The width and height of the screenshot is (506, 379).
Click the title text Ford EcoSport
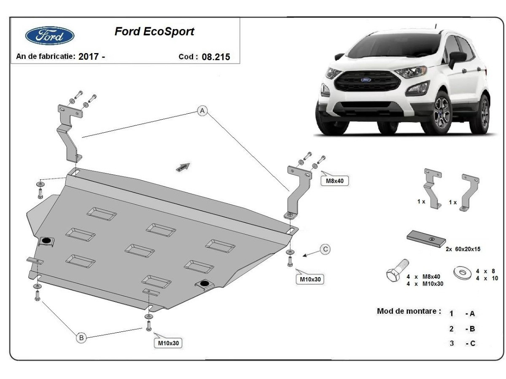[x=154, y=32]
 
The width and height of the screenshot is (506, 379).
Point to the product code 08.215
[x=216, y=57]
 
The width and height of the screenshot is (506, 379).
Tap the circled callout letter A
[x=203, y=111]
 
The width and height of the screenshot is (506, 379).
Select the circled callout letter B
[x=82, y=337]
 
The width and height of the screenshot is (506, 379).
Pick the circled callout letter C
[x=325, y=249]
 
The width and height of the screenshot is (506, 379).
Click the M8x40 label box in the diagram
[x=335, y=181]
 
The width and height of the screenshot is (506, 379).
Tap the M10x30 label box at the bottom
[x=169, y=343]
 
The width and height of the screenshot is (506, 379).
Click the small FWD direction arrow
[x=183, y=166]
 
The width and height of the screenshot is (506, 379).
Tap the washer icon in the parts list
[x=462, y=272]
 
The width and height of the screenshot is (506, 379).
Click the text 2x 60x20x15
[x=463, y=249]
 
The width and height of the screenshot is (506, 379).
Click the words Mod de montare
[x=409, y=311]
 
